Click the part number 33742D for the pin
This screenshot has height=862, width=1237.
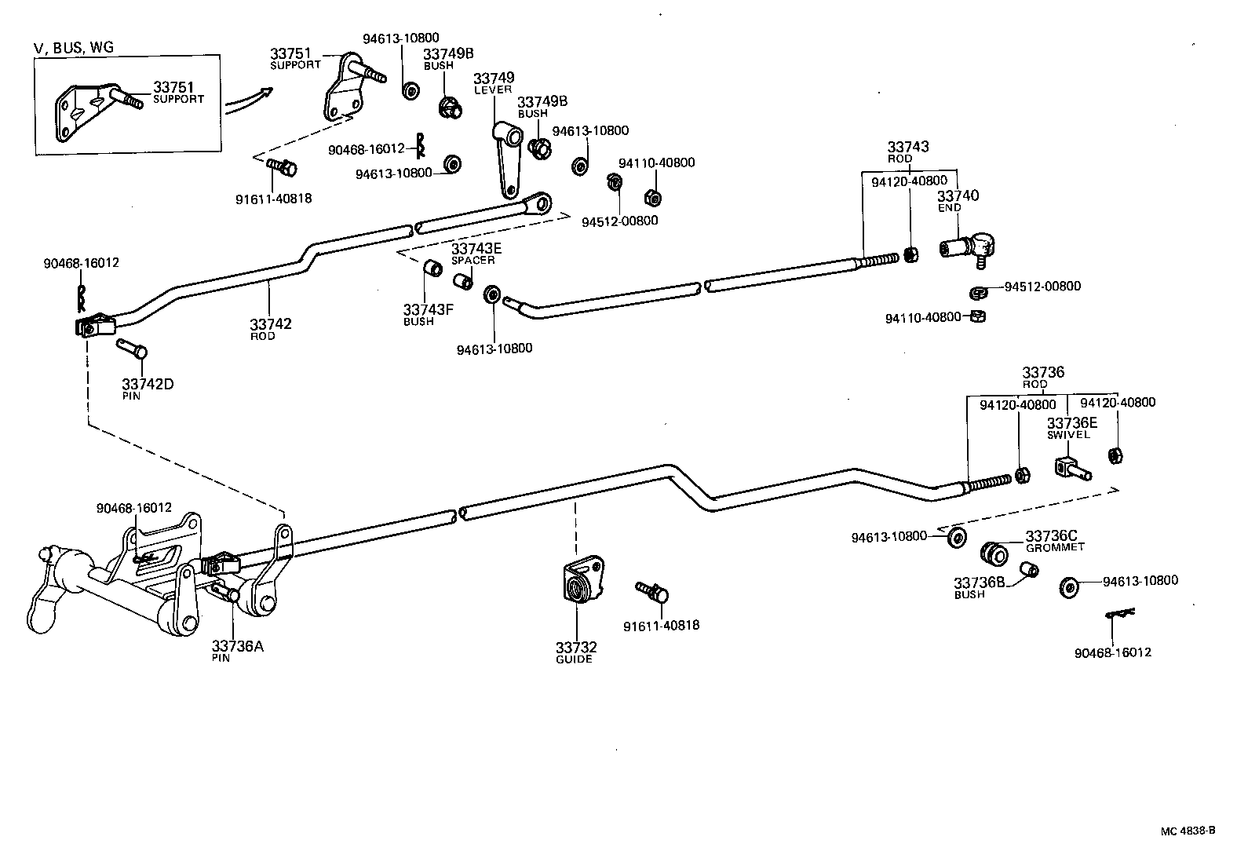148,384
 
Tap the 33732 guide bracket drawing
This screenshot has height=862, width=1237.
582,580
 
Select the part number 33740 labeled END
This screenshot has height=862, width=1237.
958,195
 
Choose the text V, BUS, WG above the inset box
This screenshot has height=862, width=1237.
74,47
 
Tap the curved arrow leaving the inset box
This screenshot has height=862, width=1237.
249,102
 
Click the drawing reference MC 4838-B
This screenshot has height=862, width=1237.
1188,831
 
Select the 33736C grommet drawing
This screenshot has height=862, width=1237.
994,553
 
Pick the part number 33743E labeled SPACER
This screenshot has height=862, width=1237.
476,249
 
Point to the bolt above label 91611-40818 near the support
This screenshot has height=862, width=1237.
283,166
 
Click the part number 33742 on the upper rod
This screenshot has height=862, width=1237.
270,323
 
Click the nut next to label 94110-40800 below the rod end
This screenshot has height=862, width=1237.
978,316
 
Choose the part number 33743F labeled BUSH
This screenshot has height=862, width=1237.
429,309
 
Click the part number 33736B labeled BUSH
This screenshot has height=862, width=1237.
980,583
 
